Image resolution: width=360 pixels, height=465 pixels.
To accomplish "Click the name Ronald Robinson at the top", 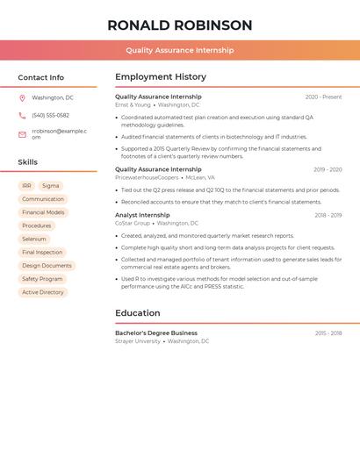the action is (x=179, y=25).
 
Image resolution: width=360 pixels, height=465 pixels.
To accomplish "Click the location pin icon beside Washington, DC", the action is (x=22, y=98).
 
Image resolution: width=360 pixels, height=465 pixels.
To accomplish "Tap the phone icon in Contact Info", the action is (x=22, y=116).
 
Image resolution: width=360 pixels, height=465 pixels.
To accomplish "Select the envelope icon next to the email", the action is (x=22, y=134).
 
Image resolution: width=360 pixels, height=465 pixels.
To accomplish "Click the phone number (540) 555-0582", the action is (x=50, y=116).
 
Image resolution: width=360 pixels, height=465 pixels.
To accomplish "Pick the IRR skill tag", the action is (x=26, y=186).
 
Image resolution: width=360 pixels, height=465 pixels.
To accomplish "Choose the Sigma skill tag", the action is (x=50, y=186).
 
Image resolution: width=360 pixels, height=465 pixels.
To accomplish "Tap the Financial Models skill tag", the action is (x=43, y=212).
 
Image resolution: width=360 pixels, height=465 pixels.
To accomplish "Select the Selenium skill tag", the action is (x=34, y=239).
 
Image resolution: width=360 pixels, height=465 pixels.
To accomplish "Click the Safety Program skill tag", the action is (x=42, y=279).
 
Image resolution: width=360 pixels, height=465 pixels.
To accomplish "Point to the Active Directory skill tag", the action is (x=43, y=292).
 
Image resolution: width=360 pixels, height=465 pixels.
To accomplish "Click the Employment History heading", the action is (x=161, y=77).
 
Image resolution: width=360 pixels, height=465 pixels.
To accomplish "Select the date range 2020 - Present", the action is (x=323, y=97).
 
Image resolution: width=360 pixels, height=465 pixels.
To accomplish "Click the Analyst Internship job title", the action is (x=142, y=215).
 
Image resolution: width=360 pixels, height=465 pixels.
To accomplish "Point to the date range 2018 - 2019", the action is (x=328, y=215).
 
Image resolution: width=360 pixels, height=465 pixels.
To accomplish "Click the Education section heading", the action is (x=138, y=313).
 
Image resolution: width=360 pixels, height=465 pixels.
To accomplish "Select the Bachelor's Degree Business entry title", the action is (x=156, y=333).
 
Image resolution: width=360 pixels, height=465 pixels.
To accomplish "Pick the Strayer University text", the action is (x=138, y=341).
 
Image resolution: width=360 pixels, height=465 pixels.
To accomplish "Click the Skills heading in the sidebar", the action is (x=28, y=162).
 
